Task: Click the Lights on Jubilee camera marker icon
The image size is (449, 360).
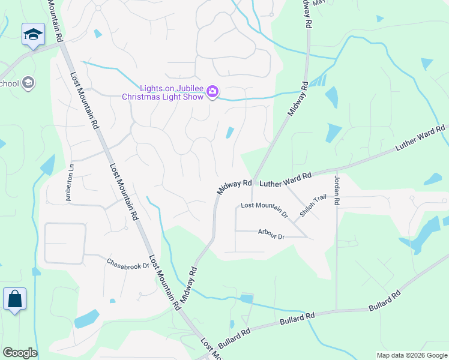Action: [x=212, y=92]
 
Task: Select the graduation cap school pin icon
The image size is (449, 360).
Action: [x=33, y=35]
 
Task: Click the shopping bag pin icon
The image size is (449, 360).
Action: [x=14, y=299]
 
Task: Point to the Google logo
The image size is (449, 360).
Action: [x=20, y=353]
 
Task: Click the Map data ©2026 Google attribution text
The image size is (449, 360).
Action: [x=412, y=355]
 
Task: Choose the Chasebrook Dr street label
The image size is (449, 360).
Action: [x=127, y=262]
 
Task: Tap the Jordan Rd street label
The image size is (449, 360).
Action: [x=337, y=191]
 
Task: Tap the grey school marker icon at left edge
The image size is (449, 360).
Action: [x=28, y=83]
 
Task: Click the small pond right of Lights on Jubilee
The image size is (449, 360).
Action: [x=230, y=132]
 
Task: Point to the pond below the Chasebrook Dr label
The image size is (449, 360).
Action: [x=86, y=318]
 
